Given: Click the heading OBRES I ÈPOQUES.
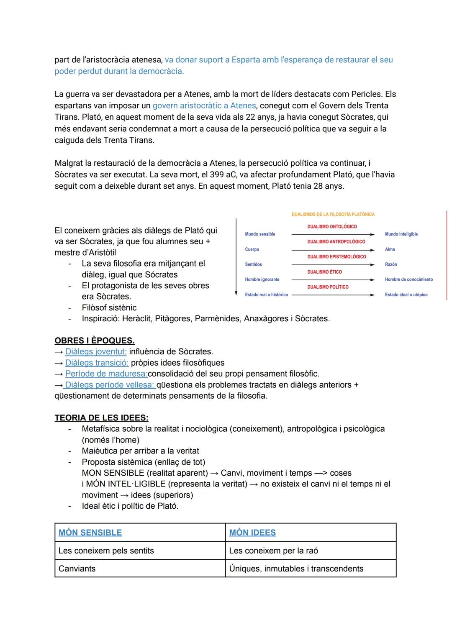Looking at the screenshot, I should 95,341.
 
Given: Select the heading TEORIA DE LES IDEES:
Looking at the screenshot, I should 101,418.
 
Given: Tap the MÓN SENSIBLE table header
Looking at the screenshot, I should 90,533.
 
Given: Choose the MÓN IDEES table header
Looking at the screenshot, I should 252,533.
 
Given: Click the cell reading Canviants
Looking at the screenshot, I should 77,569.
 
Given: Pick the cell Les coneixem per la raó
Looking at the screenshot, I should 273,551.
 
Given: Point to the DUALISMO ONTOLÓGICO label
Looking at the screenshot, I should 332,227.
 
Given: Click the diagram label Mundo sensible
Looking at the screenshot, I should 260,234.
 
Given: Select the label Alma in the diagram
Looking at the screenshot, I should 390,249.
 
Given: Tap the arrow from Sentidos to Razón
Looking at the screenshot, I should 333,265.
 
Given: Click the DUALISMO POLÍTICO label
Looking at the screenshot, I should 328,287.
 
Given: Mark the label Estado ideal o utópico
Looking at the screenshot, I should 406,295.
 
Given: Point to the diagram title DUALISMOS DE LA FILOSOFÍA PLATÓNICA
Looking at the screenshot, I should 333,214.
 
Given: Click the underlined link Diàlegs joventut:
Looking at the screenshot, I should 96,352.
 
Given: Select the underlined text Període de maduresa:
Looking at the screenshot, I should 106,374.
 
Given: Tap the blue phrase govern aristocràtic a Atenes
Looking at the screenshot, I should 204,106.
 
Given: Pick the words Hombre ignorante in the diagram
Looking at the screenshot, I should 262,279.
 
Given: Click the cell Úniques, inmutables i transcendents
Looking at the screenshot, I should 296,569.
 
